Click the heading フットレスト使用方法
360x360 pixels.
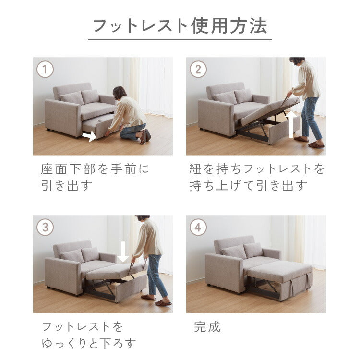[180, 26]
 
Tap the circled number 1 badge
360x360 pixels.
[45, 70]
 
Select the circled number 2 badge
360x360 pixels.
[198, 70]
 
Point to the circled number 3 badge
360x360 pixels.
[45, 227]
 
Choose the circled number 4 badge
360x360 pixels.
[198, 227]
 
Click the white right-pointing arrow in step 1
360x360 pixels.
[89, 137]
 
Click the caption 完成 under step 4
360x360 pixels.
[207, 327]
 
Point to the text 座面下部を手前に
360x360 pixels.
[96, 169]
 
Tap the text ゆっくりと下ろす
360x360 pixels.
[89, 343]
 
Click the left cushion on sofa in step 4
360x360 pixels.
[234, 252]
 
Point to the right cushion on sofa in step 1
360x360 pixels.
[90, 96]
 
